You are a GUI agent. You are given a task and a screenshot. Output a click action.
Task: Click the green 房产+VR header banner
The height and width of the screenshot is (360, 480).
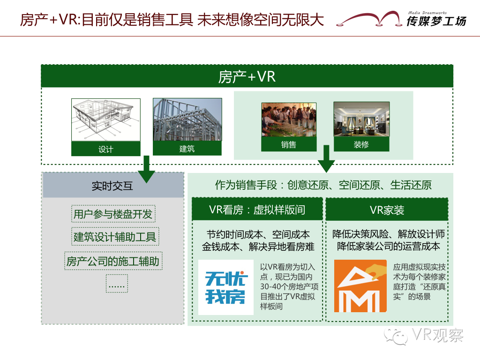click(247, 76)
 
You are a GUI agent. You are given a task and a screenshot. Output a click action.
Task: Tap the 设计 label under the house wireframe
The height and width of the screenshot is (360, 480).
click(105, 149)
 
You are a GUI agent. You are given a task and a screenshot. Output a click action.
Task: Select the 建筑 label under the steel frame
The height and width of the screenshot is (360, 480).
click(187, 149)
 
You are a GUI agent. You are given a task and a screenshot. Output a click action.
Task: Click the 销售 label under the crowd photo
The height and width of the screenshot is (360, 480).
click(289, 144)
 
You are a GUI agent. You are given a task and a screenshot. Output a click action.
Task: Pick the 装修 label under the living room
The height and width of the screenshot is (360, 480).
click(361, 144)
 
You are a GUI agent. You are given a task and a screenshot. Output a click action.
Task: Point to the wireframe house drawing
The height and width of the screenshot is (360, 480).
click(105, 120)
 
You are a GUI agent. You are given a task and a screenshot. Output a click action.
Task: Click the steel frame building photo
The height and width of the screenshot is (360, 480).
click(187, 120)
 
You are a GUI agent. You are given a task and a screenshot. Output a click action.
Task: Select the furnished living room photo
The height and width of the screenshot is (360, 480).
click(361, 120)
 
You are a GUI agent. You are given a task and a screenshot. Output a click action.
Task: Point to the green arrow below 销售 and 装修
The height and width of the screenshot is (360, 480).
click(326, 159)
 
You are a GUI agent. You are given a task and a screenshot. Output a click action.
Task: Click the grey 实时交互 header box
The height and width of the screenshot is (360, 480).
click(112, 186)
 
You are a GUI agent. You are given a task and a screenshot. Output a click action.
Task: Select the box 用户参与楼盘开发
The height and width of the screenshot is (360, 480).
click(113, 214)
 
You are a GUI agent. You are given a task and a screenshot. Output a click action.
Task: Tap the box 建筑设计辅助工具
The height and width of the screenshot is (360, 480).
click(114, 237)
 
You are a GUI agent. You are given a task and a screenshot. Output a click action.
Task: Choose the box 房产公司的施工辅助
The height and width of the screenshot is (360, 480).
click(113, 261)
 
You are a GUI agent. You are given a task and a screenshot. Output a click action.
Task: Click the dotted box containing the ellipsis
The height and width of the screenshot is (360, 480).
click(117, 284)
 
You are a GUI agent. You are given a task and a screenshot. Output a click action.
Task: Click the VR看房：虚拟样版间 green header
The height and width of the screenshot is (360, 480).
click(257, 210)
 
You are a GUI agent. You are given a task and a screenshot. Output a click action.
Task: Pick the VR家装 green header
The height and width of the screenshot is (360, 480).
click(387, 210)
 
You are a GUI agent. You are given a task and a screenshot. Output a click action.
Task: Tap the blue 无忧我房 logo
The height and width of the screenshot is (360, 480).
click(225, 287)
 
